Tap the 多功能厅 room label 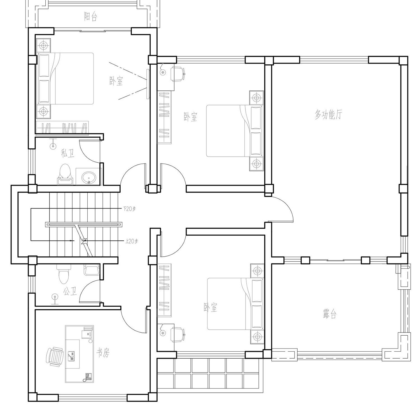(x=328, y=115)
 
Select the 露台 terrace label (x=329, y=314)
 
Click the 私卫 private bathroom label (x=68, y=153)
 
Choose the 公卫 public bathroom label (x=70, y=292)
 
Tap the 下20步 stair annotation (x=129, y=209)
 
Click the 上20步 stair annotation (x=132, y=240)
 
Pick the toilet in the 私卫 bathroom (x=65, y=174)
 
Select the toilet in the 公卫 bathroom (x=63, y=273)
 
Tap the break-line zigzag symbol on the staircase (x=84, y=241)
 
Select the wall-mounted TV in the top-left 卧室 (x=147, y=84)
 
